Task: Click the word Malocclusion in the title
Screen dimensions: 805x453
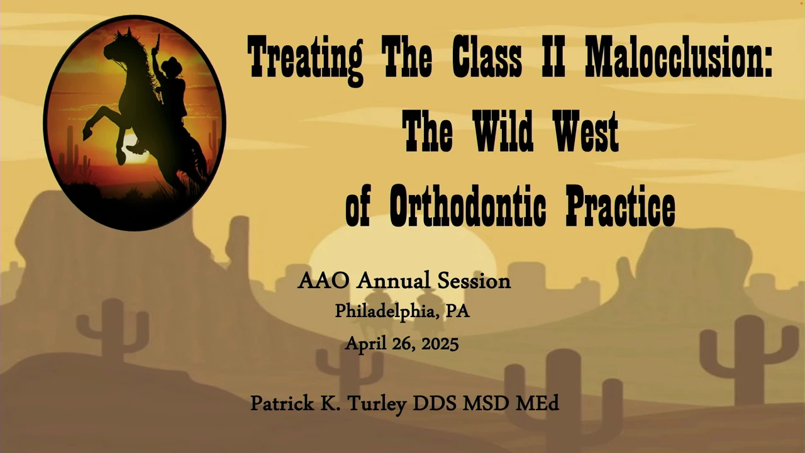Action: tap(679, 57)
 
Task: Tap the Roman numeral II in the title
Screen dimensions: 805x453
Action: tap(553, 57)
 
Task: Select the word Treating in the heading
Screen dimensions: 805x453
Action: tap(306, 59)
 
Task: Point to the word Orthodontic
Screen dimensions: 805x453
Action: tap(467, 206)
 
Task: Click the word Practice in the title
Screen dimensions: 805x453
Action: tap(621, 206)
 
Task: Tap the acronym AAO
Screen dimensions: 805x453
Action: tap(323, 281)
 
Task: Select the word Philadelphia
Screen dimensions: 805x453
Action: tap(384, 311)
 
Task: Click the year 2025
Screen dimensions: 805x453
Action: tap(440, 344)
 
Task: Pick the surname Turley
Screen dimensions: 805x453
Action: tap(377, 404)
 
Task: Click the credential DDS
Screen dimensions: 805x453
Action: tap(435, 403)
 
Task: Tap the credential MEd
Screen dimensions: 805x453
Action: tap(538, 403)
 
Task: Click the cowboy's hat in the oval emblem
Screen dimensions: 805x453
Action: tap(172, 65)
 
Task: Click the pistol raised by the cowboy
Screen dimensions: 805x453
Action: tap(157, 42)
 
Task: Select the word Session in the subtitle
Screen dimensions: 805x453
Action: tap(474, 281)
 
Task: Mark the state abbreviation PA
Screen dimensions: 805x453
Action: tap(457, 311)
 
